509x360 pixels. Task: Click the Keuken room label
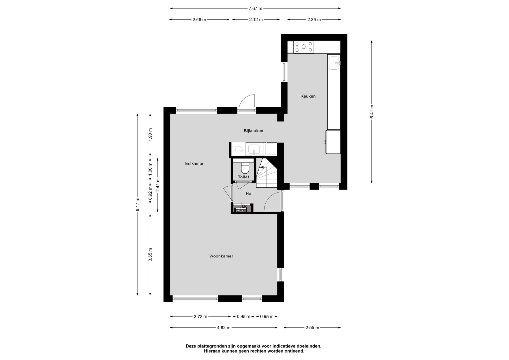(x=308, y=96)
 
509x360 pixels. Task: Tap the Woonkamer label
(x=221, y=256)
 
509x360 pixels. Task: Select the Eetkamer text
(x=194, y=164)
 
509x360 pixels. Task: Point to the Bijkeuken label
(x=253, y=131)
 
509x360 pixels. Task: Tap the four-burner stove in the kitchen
(x=304, y=47)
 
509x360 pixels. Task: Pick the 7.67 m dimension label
(x=255, y=8)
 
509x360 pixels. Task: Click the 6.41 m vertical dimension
(x=372, y=112)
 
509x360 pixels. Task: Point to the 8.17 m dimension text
(x=137, y=204)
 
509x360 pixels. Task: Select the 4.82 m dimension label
(x=223, y=328)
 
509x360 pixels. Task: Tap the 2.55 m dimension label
(x=312, y=328)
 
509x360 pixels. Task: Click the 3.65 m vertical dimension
(x=150, y=254)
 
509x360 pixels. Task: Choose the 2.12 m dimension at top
(x=256, y=20)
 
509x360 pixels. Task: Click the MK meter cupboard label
(x=244, y=206)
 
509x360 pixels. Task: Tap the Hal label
(x=249, y=194)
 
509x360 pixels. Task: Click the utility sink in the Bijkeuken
(x=254, y=149)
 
